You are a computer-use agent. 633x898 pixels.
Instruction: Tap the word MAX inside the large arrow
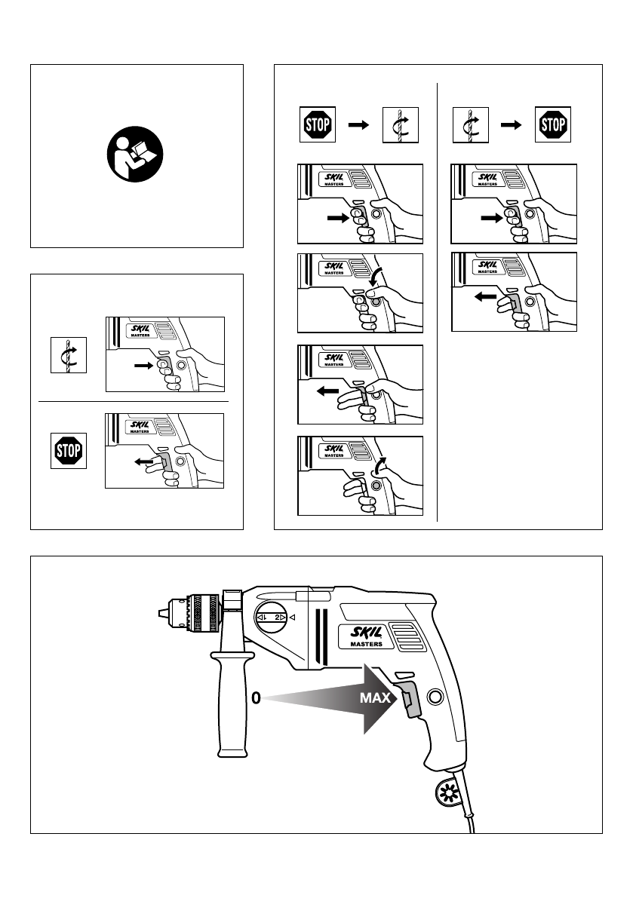click(374, 699)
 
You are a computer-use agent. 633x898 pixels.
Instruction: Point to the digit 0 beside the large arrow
click(257, 699)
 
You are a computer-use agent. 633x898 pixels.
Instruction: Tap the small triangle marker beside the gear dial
click(293, 618)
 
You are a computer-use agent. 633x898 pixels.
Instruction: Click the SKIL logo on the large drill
click(366, 632)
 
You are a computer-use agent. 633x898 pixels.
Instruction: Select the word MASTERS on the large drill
click(365, 645)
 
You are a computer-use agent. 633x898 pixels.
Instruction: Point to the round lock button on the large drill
click(435, 696)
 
